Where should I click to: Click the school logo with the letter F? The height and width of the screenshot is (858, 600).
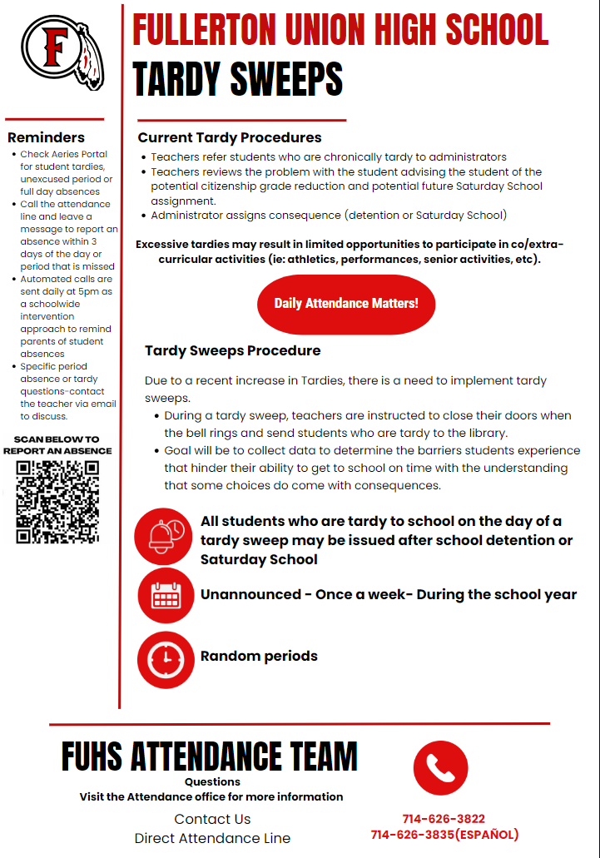(x=56, y=52)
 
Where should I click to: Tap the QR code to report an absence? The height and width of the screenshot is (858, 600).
(x=57, y=502)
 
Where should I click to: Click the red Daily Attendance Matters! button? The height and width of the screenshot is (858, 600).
(x=346, y=304)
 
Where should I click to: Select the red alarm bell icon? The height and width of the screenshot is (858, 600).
(x=165, y=537)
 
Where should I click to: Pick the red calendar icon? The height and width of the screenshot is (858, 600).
(x=165, y=596)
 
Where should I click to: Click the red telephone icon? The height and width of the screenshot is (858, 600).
(x=440, y=768)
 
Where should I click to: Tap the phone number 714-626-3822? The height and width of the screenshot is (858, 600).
(x=444, y=819)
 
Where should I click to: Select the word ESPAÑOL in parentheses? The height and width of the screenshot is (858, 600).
(x=487, y=835)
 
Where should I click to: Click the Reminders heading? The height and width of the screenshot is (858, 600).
(x=46, y=137)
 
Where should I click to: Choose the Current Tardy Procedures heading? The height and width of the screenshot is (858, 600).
(x=230, y=137)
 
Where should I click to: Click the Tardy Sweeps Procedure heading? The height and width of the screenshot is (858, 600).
(x=232, y=350)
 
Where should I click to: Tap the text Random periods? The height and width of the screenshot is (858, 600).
(x=259, y=656)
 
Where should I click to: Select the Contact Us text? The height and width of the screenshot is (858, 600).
(x=212, y=819)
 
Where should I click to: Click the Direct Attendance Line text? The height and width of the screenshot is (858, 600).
(x=212, y=838)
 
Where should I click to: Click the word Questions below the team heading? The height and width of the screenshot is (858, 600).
(x=212, y=781)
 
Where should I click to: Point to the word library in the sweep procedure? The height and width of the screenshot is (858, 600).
(x=508, y=433)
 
